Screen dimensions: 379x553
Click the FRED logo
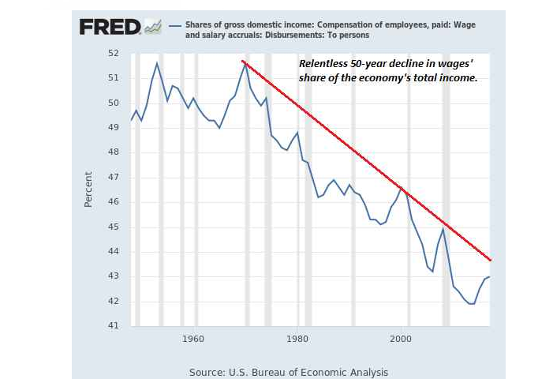[110, 27]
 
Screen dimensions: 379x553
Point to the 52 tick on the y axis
[114, 53]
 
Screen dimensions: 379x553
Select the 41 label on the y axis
[114, 325]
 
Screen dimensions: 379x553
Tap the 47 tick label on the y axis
[114, 177]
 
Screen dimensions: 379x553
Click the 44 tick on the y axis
[114, 251]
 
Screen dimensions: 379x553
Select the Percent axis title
[88, 189]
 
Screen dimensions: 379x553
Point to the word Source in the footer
[207, 372]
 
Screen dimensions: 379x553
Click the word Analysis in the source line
[367, 372]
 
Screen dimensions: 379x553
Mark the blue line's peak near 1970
[245, 64]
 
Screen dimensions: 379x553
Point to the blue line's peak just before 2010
[443, 228]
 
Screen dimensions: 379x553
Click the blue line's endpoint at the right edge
[490, 276]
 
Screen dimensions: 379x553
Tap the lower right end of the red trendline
[490, 260]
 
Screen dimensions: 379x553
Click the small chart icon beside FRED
[152, 28]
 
